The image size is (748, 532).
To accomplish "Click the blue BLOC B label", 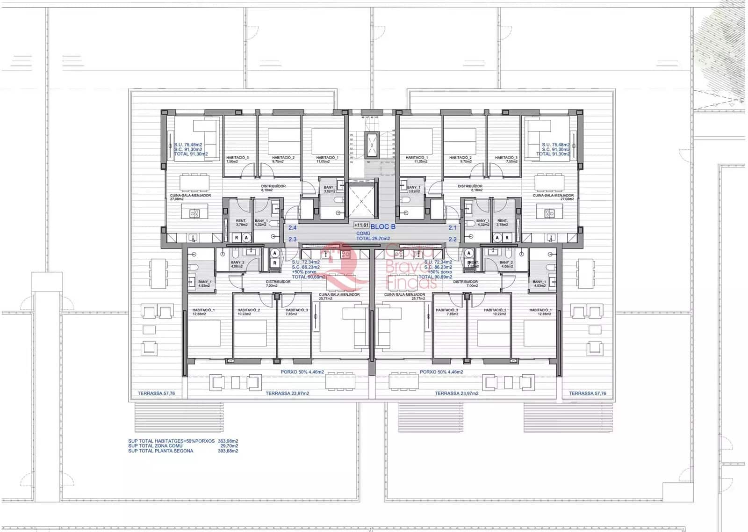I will (x=383, y=226).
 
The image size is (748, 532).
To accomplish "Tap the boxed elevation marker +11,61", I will (x=361, y=226).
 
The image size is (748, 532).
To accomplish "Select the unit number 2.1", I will (x=452, y=228).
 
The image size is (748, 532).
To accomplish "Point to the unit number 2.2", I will (x=452, y=239).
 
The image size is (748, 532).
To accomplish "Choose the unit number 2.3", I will (x=293, y=239).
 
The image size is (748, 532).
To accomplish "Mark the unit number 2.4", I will (x=293, y=228).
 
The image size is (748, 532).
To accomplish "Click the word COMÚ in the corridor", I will (x=363, y=233).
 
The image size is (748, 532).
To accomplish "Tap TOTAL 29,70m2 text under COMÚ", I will (x=373, y=238).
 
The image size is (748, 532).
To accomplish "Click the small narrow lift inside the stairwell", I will (x=372, y=146).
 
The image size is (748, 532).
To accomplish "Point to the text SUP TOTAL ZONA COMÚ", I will (x=155, y=446).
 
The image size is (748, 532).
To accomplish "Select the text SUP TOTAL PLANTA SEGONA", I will (x=160, y=451).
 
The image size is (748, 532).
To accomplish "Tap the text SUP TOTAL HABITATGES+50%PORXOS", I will (x=171, y=441).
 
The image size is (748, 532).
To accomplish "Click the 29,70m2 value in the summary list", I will (x=229, y=446).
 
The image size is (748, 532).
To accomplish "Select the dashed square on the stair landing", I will (x=387, y=168).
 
